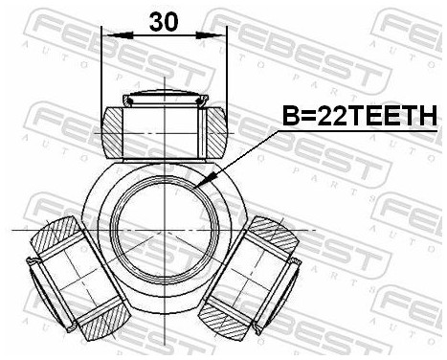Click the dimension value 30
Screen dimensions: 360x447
(164, 20)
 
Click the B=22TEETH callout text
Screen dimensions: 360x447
(358, 116)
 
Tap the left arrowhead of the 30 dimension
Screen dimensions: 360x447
(108, 34)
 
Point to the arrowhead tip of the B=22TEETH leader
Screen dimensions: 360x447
(196, 185)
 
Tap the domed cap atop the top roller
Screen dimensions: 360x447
(165, 97)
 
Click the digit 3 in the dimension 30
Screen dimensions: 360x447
(156, 20)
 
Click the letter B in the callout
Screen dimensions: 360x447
(289, 116)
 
